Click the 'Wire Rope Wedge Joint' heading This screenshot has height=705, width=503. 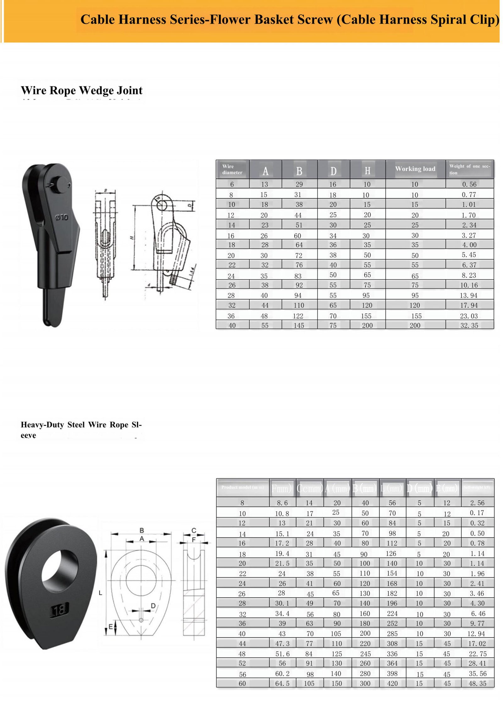(x=81, y=90)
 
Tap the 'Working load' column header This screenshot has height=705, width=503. (x=415, y=169)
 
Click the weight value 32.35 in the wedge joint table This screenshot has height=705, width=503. (x=469, y=325)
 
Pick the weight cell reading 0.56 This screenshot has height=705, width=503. (x=469, y=184)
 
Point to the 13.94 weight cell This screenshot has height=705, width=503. (x=469, y=295)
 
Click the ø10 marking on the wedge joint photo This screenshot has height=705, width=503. (x=61, y=217)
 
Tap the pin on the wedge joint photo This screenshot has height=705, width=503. (x=60, y=183)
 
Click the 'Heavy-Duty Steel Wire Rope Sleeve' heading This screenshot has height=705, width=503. (x=81, y=430)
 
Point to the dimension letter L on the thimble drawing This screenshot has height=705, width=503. (x=100, y=593)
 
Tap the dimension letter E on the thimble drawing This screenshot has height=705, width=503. (x=110, y=627)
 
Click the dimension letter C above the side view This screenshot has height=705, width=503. (x=194, y=531)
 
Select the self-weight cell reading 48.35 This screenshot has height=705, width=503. (x=477, y=683)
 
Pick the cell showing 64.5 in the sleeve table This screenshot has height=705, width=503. (x=282, y=683)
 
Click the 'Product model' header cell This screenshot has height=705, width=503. (x=242, y=487)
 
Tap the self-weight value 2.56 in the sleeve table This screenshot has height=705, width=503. (x=477, y=503)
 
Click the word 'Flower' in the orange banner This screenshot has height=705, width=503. (x=230, y=20)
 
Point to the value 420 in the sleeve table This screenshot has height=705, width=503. (x=392, y=683)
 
